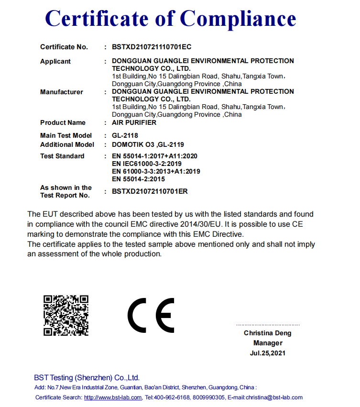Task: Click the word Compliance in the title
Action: pyautogui.click(x=238, y=19)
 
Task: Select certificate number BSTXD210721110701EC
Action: pyautogui.click(x=152, y=47)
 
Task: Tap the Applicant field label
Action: pyautogui.click(x=55, y=61)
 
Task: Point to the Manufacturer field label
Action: pyautogui.click(x=62, y=92)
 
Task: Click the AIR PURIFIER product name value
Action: pyautogui.click(x=134, y=122)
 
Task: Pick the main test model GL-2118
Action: pyautogui.click(x=125, y=135)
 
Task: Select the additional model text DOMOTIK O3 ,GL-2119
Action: pyautogui.click(x=148, y=144)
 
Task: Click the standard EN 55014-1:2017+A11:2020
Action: pyautogui.click(x=154, y=156)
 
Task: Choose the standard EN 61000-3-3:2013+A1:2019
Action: pyautogui.click(x=156, y=171)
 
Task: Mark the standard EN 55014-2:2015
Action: pyautogui.click(x=138, y=179)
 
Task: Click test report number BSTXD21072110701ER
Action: pyautogui.click(x=150, y=191)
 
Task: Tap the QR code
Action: pyautogui.click(x=66, y=315)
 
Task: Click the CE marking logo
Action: pyautogui.click(x=151, y=316)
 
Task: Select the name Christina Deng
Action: pyautogui.click(x=267, y=333)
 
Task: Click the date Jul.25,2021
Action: pyautogui.click(x=267, y=353)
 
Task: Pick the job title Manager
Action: pyautogui.click(x=268, y=343)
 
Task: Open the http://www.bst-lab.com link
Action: pyautogui.click(x=113, y=397)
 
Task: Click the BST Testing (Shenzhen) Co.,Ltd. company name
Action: pyautogui.click(x=87, y=377)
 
